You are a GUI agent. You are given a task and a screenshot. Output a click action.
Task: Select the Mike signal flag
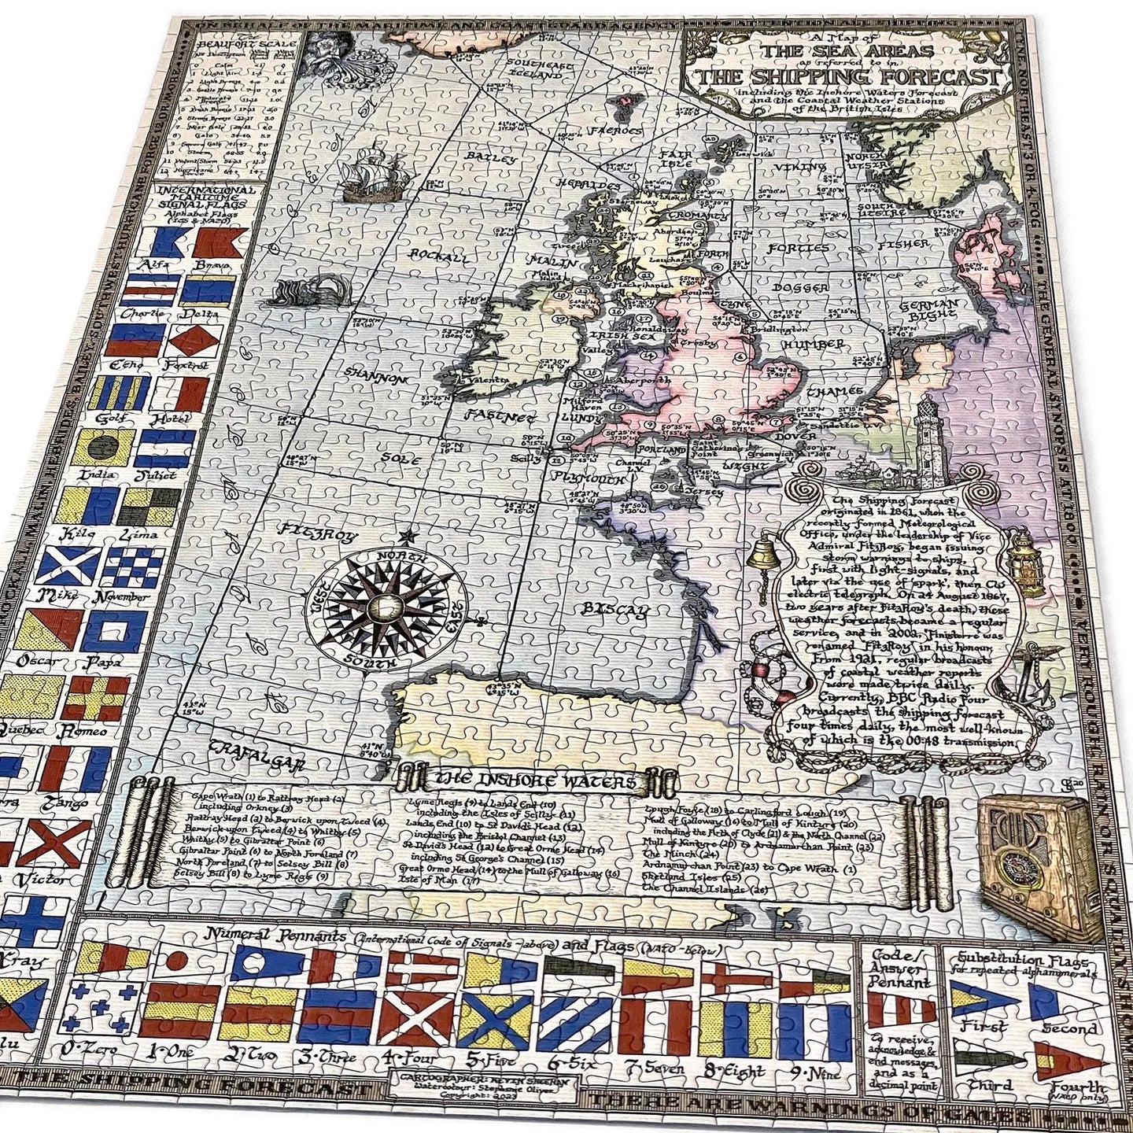69,566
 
